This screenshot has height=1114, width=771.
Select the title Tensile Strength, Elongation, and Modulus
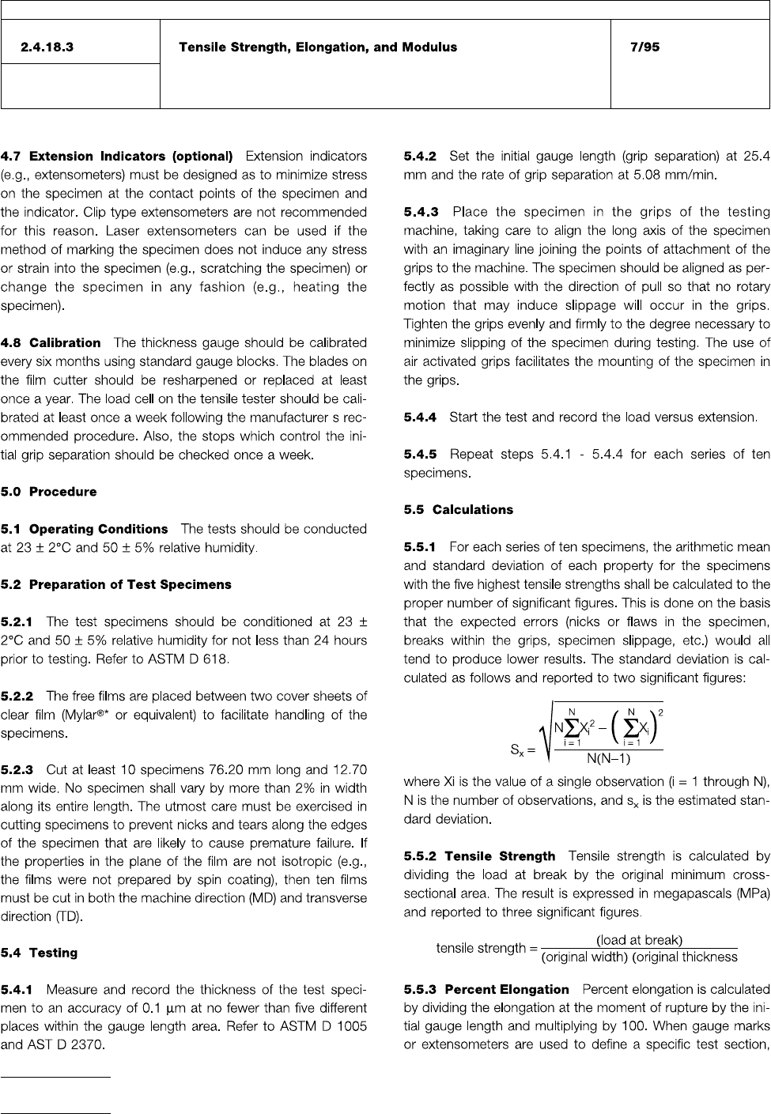(x=318, y=47)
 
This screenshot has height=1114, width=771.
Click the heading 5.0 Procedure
(x=49, y=492)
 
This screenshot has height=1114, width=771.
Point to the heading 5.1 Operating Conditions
(x=85, y=529)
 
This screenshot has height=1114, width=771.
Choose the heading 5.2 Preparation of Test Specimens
(x=116, y=585)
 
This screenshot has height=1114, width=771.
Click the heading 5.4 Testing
(x=40, y=953)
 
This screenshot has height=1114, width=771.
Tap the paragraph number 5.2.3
(x=17, y=769)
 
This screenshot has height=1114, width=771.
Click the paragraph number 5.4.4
(x=421, y=417)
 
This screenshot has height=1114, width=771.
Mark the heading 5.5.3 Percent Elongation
(x=486, y=990)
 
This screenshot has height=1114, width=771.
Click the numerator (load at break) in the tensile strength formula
(x=639, y=940)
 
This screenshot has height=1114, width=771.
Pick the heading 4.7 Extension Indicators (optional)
(x=117, y=156)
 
